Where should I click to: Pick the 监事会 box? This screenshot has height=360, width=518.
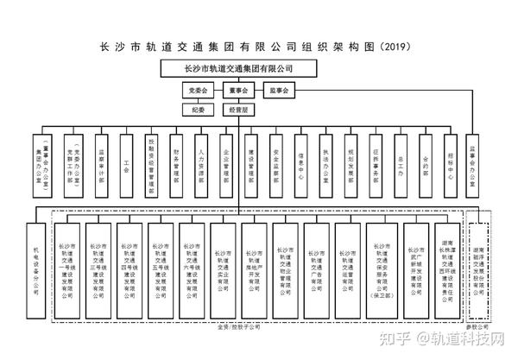click(x=281, y=90)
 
